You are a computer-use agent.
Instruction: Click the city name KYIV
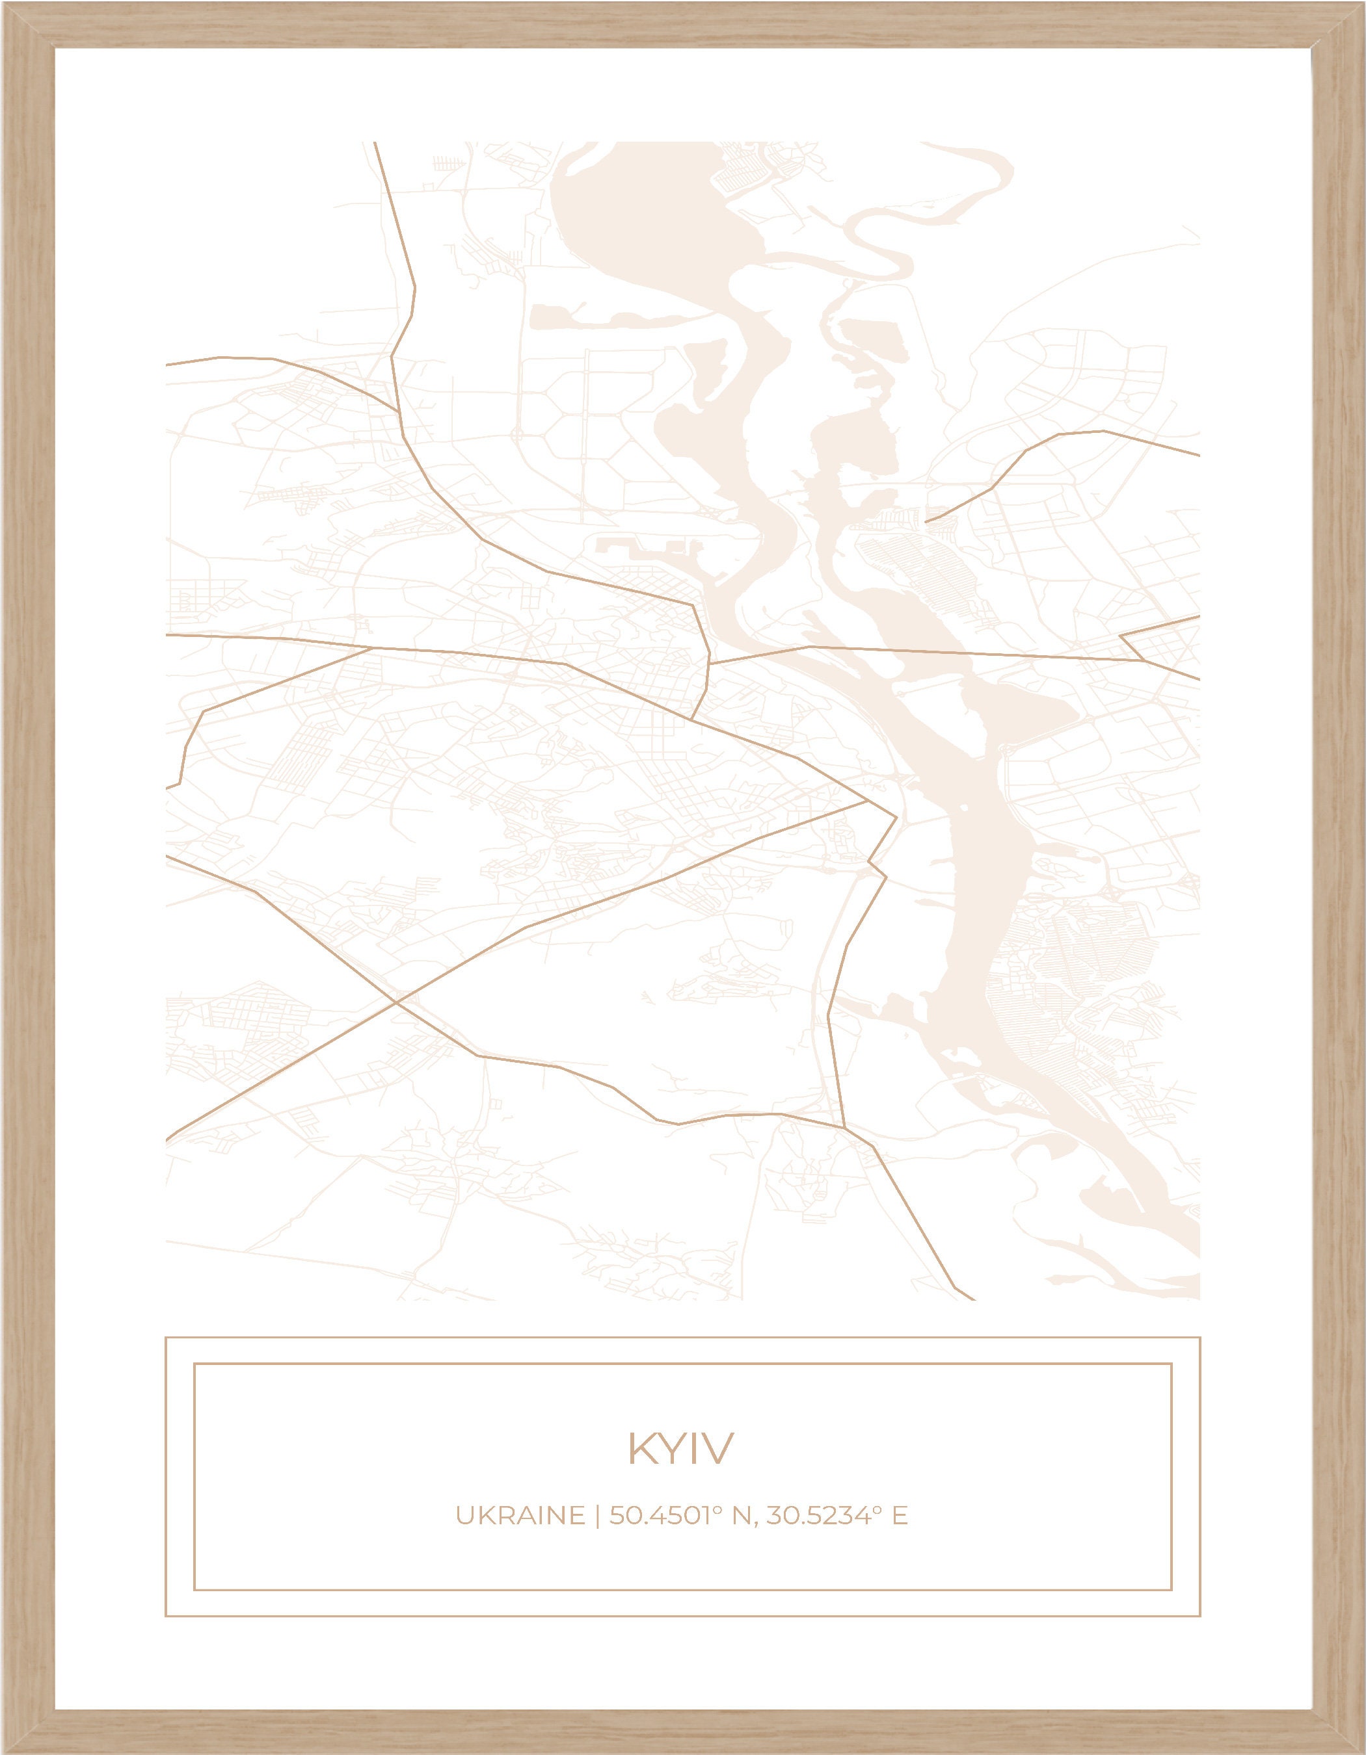(680, 1449)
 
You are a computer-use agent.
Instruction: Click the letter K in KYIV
(640, 1449)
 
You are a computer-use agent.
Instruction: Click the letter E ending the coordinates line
(900, 1516)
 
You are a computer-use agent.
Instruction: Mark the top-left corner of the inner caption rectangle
(194, 1364)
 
